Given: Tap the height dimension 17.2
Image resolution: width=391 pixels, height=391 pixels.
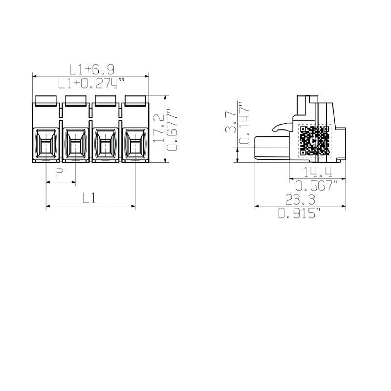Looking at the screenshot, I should tap(158, 128).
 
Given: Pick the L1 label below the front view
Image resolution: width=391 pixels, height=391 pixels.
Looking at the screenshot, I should tap(88, 198).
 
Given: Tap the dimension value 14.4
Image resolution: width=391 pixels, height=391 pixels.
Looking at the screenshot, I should tap(318, 172).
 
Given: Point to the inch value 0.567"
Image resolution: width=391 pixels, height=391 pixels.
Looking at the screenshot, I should tap(318, 185).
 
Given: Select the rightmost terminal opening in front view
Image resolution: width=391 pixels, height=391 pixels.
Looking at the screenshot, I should tap(135, 145).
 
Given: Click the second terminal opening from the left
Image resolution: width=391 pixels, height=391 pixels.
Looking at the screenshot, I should tap(76, 145).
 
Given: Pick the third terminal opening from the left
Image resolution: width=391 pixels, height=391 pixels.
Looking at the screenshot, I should tap(106, 145).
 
